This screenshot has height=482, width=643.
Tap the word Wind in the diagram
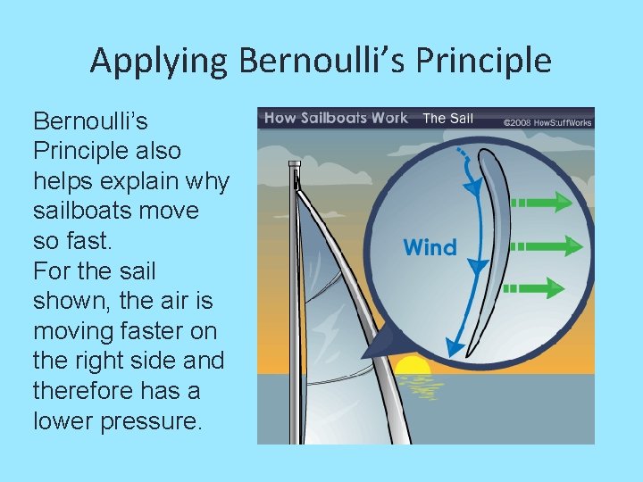point(430,247)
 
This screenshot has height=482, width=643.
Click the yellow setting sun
point(413,365)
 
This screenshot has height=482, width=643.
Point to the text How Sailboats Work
point(335,118)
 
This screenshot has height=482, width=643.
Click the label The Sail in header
point(447,118)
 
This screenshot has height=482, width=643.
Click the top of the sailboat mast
point(293,166)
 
